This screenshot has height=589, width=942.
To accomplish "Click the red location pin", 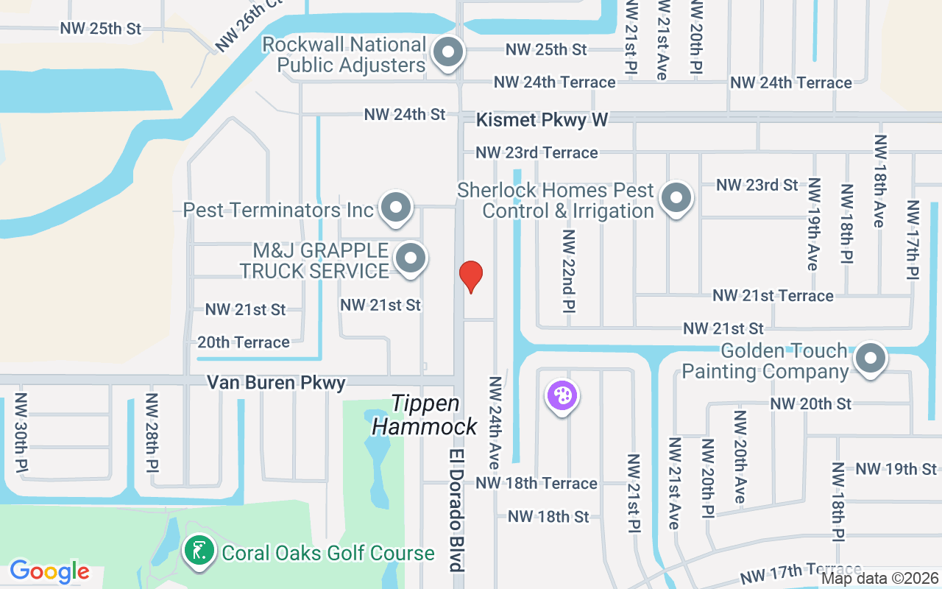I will point(471,276).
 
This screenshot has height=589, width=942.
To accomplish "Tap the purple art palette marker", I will point(562,395).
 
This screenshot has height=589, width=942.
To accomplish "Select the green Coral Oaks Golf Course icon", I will point(199,551).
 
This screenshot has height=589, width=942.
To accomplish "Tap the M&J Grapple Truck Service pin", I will point(411,258).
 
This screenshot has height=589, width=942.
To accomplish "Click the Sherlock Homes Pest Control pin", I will point(676,197).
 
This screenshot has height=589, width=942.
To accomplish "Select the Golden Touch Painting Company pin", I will point(871,359).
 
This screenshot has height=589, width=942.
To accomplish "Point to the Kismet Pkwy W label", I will point(542,119).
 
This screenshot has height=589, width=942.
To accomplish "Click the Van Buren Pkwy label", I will point(276,383).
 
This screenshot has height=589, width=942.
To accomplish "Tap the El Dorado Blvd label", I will point(457,509).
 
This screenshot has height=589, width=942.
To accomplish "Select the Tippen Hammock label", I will point(425,415).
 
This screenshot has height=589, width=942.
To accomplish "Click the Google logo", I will point(49,571).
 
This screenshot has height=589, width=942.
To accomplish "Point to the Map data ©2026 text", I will point(880,579).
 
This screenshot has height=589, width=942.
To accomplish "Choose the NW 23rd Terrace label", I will point(536,152).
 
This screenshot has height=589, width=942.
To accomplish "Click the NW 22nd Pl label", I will point(568,271).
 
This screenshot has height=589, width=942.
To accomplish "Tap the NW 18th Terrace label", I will point(536,483).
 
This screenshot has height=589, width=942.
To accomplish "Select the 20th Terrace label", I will point(244,342).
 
